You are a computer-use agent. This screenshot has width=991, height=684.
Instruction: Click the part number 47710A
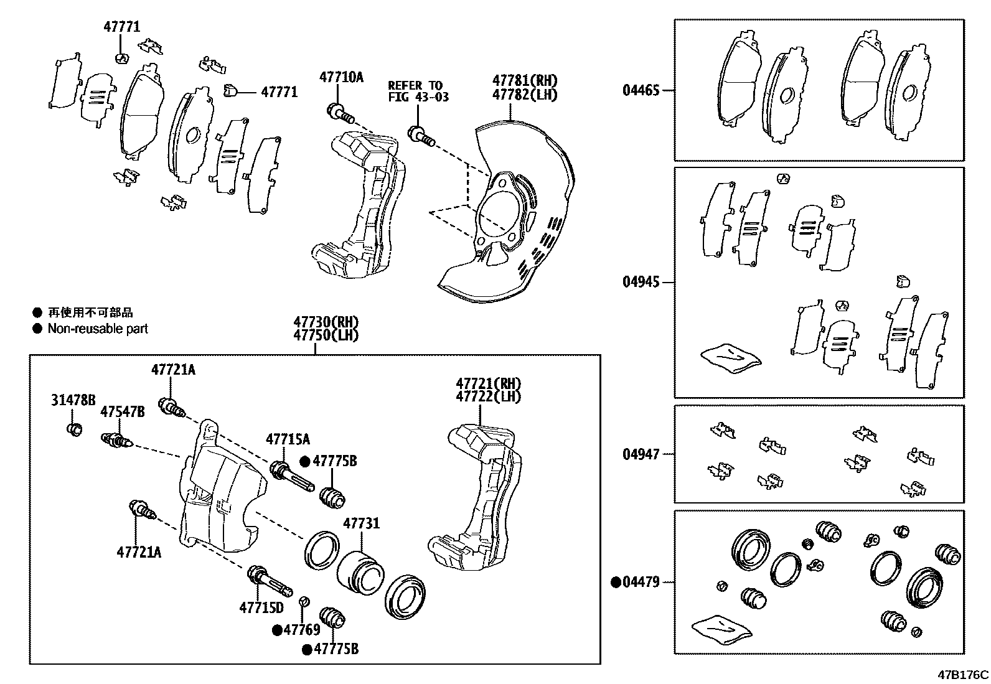point(341,77)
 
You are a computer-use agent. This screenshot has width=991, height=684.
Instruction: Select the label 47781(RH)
point(525,80)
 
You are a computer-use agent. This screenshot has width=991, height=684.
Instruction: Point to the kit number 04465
point(641,90)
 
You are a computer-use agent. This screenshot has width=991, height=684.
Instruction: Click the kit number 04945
point(641,282)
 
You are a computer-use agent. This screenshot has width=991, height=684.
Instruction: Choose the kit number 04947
point(641,454)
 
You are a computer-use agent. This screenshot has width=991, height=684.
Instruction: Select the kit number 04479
point(641,583)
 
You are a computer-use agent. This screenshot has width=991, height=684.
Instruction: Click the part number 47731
point(361,524)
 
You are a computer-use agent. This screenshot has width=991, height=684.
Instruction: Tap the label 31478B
point(73,400)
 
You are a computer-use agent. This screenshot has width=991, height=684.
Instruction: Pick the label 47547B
point(123,412)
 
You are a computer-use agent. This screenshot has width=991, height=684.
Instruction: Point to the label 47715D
point(261,607)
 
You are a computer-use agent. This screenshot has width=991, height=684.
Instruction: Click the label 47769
point(301,630)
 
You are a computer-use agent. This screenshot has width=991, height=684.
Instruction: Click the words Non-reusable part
point(98,329)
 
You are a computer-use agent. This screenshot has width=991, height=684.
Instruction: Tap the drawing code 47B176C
point(963,675)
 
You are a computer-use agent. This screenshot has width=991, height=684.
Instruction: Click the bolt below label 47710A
point(339,114)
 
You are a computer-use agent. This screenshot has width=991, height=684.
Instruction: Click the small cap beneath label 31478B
point(74,429)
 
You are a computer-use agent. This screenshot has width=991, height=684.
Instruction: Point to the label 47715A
point(288,439)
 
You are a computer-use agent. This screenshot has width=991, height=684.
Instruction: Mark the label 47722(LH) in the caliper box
point(488,396)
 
